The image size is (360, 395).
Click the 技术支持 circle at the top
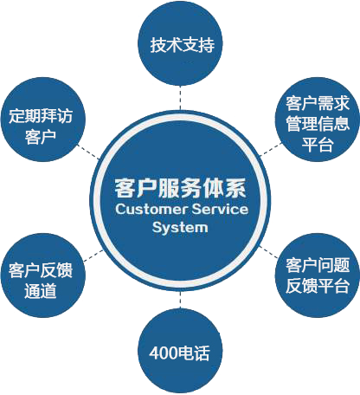point(180,43)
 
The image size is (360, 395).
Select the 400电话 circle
point(180,351)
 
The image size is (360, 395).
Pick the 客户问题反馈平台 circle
point(318,275)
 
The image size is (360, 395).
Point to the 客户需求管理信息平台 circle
point(318,120)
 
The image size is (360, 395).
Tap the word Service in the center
point(220,210)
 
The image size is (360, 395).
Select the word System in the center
point(180,228)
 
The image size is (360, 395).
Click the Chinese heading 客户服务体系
point(181,188)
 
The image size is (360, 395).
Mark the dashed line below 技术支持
point(180,98)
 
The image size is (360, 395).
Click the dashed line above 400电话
point(180,300)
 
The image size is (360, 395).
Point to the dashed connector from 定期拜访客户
point(88,152)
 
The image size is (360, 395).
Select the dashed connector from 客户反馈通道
point(93,256)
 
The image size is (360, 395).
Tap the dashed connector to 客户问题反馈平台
point(268,252)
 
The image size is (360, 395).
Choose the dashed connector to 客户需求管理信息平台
point(271,149)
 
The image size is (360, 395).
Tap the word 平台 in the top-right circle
point(318,144)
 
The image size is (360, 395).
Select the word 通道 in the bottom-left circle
point(41,290)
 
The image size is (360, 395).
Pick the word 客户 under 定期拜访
point(41,137)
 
